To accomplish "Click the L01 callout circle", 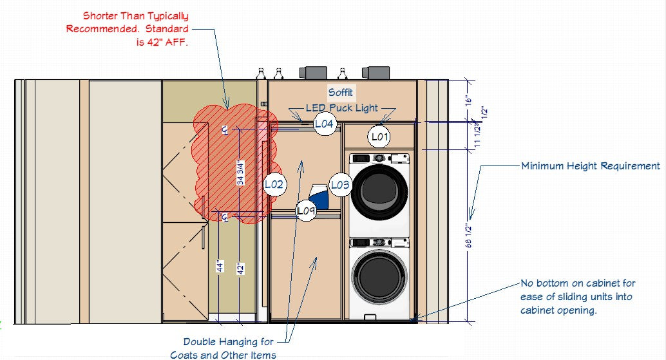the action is point(380,137).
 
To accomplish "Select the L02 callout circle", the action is point(274,184).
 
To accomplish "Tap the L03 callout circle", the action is point(340,185).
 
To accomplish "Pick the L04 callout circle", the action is point(325,124).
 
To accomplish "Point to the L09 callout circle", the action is point(306,211).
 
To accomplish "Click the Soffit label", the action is point(340,92).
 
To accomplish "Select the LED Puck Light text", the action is point(342,108).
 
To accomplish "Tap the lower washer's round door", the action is point(379,277).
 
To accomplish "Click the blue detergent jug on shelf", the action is point(319,196).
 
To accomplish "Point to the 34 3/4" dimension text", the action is point(240,173).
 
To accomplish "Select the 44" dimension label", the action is point(220,266).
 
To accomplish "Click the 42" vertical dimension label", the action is point(240,269).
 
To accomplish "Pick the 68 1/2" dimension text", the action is point(468,236).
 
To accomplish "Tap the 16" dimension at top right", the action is point(468,100).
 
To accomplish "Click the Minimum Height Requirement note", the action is point(591,166).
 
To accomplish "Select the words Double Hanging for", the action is point(229,342).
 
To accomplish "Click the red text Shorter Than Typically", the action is point(135,16).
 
